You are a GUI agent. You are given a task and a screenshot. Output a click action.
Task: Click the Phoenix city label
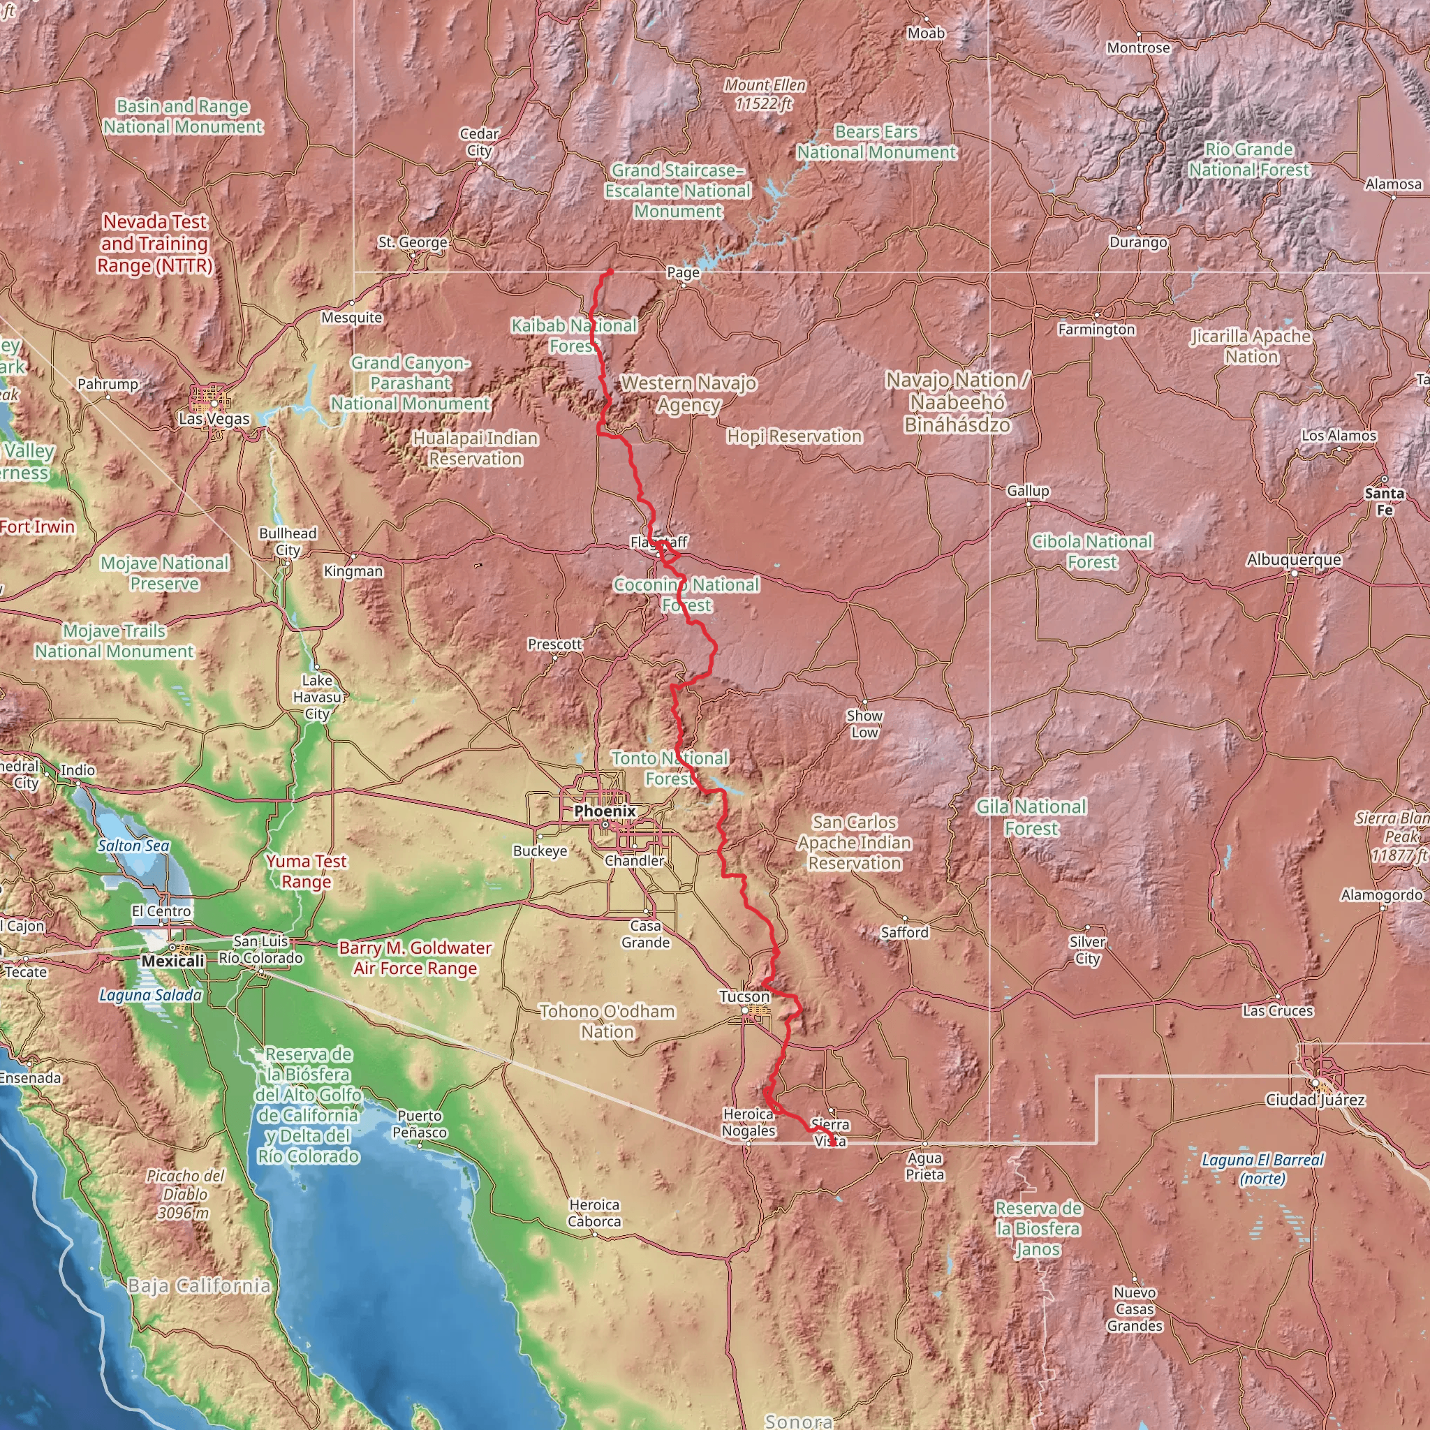(x=605, y=811)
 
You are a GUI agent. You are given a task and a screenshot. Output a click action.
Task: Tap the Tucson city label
(x=744, y=997)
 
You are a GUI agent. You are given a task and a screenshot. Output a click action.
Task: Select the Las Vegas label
(x=214, y=418)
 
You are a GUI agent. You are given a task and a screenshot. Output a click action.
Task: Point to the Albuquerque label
(x=1293, y=559)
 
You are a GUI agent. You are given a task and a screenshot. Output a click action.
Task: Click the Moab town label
(x=926, y=34)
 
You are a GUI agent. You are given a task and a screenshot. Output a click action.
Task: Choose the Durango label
(x=1137, y=242)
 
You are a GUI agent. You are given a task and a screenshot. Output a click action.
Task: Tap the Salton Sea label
(x=133, y=846)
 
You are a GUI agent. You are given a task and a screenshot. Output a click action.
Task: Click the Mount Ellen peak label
(x=765, y=95)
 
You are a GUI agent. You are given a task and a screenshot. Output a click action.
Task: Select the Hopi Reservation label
(x=794, y=436)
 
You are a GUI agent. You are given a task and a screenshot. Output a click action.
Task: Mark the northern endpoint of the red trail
(x=611, y=272)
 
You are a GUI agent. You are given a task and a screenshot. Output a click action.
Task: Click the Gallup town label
(x=1027, y=491)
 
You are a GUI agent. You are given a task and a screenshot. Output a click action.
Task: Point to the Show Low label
(x=864, y=724)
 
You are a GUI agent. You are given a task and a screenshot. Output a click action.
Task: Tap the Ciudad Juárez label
(x=1315, y=1100)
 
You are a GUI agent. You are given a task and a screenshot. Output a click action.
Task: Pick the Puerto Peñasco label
(x=420, y=1123)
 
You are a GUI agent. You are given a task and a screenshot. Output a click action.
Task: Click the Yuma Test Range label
(x=307, y=871)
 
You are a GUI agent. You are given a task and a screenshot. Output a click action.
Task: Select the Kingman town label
(x=353, y=571)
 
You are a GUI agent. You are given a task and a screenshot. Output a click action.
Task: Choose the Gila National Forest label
(x=1031, y=817)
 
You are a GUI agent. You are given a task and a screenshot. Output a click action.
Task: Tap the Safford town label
(x=904, y=933)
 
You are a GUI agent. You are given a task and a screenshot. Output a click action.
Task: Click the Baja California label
(x=199, y=1285)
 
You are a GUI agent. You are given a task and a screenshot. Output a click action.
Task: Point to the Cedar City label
(x=479, y=142)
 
